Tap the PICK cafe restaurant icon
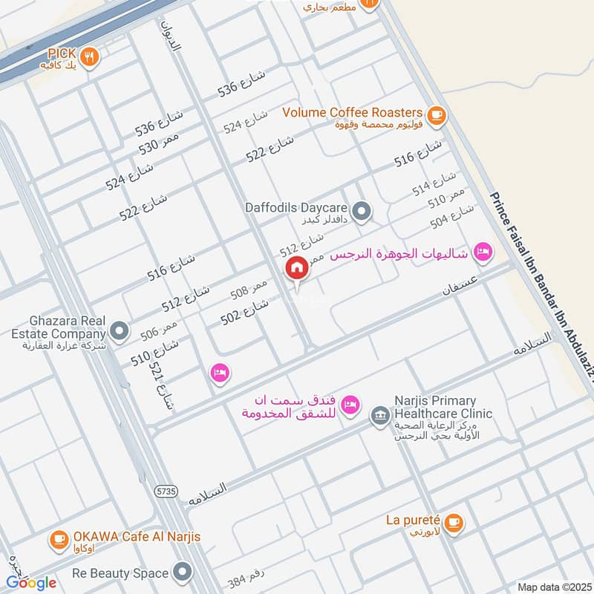(x=90, y=57)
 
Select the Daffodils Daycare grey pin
(x=362, y=212)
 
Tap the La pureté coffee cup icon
(x=455, y=523)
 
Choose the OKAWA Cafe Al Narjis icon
(x=59, y=540)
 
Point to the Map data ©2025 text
(x=552, y=587)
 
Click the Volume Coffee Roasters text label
(x=353, y=112)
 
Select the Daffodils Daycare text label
(x=297, y=208)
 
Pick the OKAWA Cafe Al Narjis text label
(x=137, y=536)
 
